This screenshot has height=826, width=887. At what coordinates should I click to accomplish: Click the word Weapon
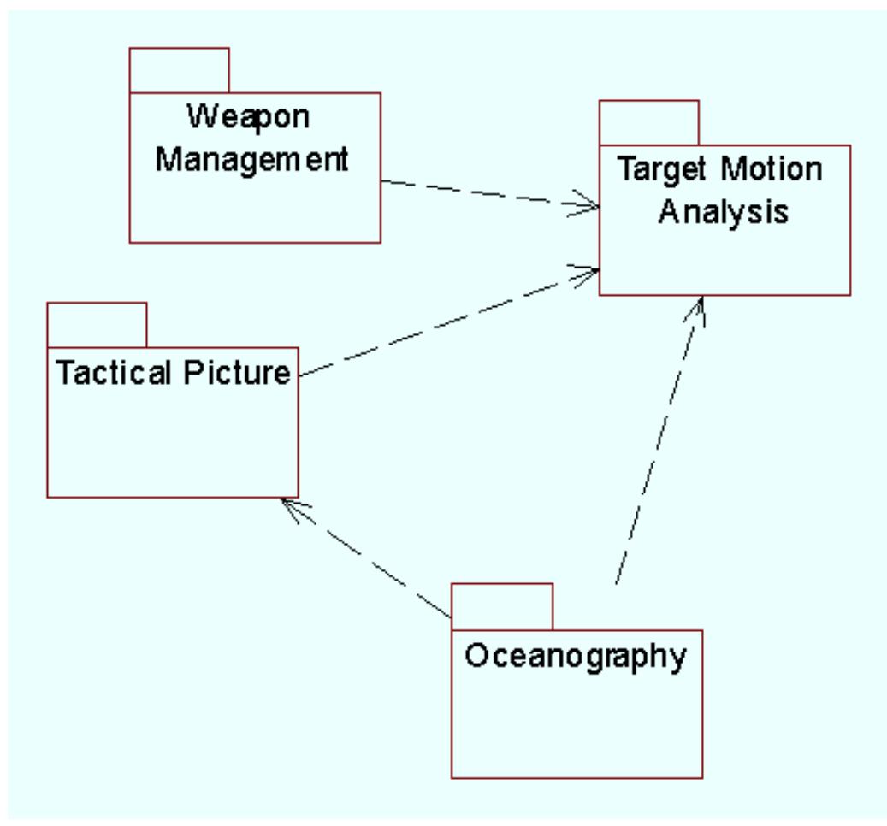pos(248,117)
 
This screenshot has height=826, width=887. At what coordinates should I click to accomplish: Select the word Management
pos(252,159)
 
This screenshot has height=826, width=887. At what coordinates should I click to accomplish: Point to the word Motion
pos(771,169)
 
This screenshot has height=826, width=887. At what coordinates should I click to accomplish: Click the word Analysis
pos(723,211)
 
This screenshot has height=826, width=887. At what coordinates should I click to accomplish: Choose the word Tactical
pos(109,374)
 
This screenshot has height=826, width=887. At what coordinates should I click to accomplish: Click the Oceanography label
pos(576,657)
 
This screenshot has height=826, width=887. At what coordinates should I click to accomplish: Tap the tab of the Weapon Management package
pos(180,70)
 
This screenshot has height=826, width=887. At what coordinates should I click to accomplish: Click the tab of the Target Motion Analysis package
pos(648,122)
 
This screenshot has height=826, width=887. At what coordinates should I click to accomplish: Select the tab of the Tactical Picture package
pos(97,324)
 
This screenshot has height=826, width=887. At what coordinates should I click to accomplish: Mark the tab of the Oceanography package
pos(502,606)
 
